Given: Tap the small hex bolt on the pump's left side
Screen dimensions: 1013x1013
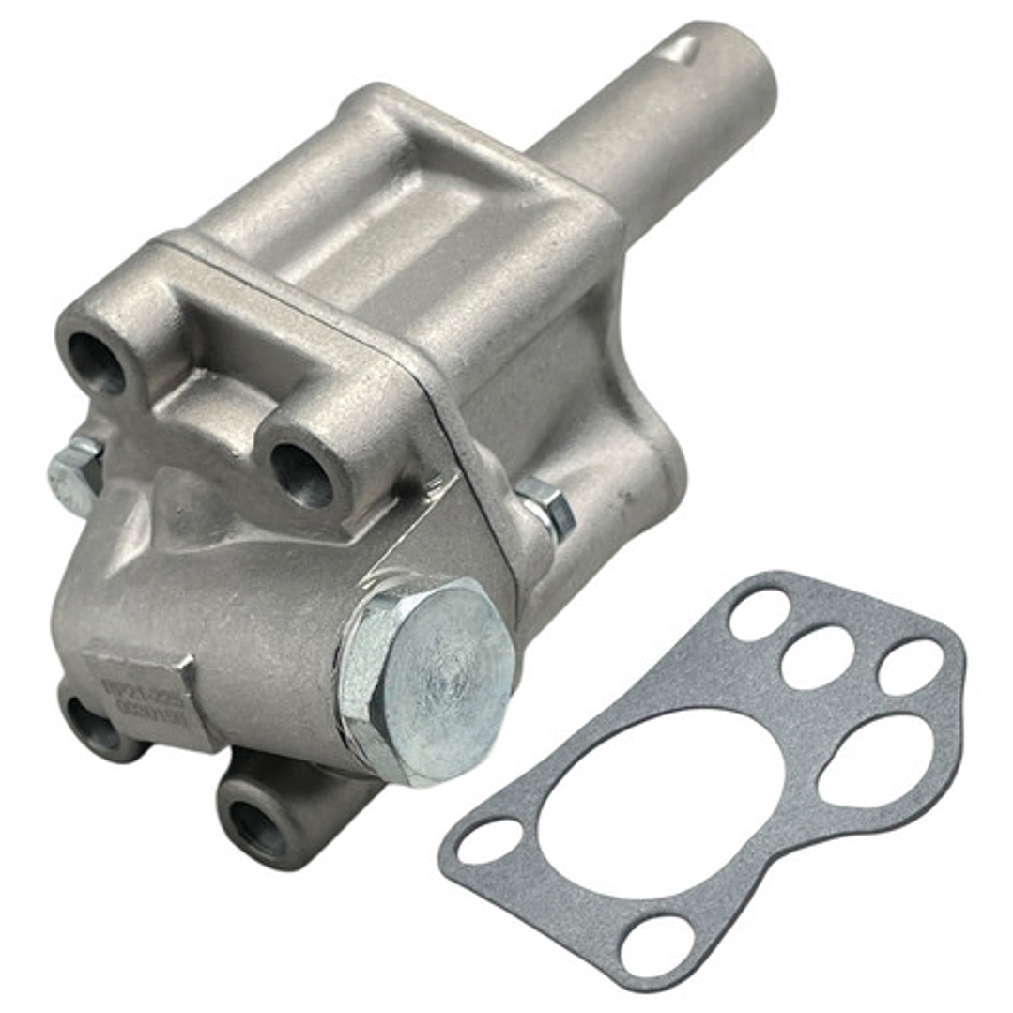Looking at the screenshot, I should click(75, 475).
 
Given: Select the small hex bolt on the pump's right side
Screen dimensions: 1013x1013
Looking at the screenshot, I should click(546, 508).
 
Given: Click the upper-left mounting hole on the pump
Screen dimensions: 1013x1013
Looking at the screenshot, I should click(96, 362).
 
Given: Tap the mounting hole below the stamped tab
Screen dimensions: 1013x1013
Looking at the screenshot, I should click(95, 728).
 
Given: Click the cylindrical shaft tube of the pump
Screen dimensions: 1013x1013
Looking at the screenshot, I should click(648, 122).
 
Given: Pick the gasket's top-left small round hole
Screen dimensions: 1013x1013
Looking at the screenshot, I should click(759, 614).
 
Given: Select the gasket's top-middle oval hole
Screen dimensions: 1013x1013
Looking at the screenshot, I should click(817, 656).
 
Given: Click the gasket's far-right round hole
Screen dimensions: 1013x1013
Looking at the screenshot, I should click(910, 667).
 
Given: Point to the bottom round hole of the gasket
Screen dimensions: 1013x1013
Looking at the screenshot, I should click(657, 944).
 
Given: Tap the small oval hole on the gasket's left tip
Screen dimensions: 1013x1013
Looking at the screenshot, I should click(490, 841).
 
